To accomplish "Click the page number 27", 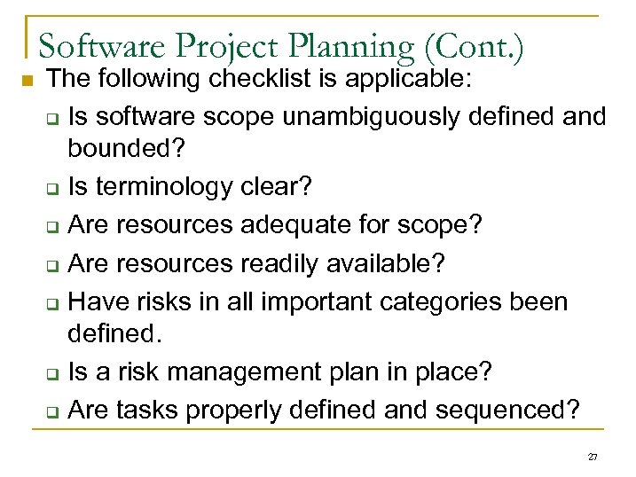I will pos(593,457).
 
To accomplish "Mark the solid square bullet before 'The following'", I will pos(26,82).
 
